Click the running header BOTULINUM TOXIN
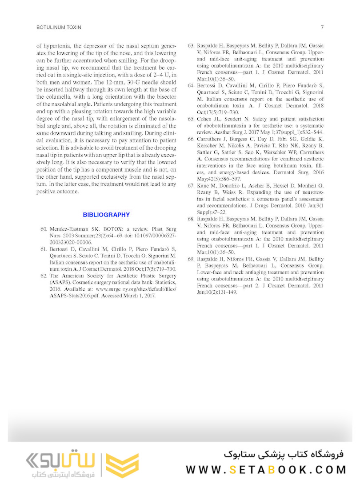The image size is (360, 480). [x=59, y=28]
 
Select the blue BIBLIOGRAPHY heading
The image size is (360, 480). [x=106, y=215]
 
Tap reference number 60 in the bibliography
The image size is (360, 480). [x=44, y=229]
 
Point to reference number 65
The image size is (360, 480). [x=191, y=119]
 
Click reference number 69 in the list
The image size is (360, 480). [x=191, y=259]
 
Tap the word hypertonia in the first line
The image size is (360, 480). [x=60, y=46]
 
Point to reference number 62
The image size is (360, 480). [x=44, y=276]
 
